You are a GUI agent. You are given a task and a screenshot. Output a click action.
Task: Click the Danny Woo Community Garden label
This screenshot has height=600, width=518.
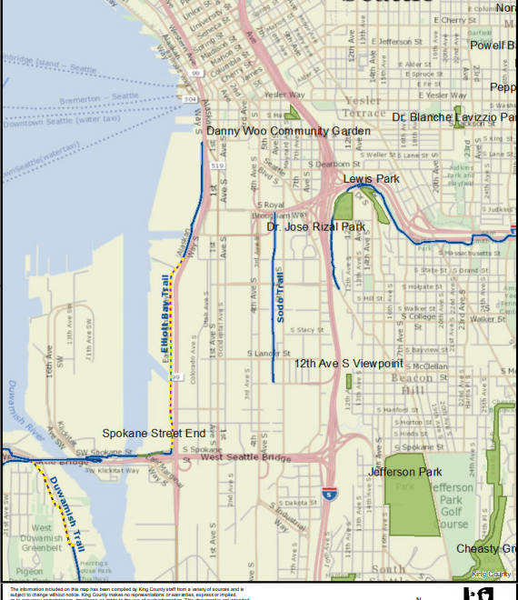(x=288, y=132)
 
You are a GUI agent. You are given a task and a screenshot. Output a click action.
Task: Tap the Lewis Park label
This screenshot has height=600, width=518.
(x=371, y=179)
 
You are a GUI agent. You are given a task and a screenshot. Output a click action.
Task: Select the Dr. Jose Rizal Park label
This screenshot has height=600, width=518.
(x=310, y=226)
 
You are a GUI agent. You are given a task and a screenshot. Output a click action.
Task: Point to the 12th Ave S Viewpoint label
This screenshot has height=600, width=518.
(x=348, y=364)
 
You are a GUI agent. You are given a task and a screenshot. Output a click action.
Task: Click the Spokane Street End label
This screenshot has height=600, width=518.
(x=154, y=434)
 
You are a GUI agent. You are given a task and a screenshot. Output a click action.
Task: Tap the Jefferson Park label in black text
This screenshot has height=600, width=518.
(x=404, y=472)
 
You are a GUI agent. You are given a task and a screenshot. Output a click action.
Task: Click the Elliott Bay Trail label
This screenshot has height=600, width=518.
(x=165, y=314)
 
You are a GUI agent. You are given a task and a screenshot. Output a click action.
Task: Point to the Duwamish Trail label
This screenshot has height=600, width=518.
(x=65, y=510)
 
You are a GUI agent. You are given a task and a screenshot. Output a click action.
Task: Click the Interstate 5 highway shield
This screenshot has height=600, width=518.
(x=327, y=495)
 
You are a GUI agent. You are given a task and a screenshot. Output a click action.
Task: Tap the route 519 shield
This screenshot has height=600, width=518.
(x=217, y=166)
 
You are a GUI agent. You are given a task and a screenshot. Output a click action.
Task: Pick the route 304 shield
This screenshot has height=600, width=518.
(x=189, y=98)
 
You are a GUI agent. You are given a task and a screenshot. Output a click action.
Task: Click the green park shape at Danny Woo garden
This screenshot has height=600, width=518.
(x=293, y=114)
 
